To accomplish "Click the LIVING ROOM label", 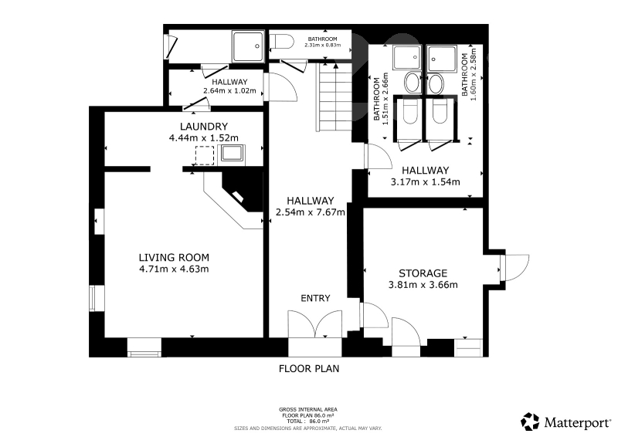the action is [x=174, y=258].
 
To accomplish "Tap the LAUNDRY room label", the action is [x=204, y=127].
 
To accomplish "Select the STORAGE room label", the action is [x=423, y=273].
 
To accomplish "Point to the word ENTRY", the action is [x=315, y=298].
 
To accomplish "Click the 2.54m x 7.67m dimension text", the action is [x=311, y=212].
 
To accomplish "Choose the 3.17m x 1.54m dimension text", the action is [x=426, y=182].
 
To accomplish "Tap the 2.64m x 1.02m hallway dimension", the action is [x=229, y=90].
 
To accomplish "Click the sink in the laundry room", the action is [x=232, y=154].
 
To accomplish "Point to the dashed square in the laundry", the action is [x=205, y=156].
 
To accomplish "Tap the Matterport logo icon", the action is [x=530, y=422].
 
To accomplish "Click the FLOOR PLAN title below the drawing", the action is [x=309, y=369].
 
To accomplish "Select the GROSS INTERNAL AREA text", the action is [x=308, y=410].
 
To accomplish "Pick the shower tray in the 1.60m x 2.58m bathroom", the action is [x=442, y=59].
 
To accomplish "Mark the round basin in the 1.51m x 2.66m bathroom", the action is [x=413, y=83].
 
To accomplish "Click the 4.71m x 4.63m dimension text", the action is [x=174, y=269].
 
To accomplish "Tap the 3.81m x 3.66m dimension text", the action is [x=423, y=285].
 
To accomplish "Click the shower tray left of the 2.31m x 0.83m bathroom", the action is [x=248, y=46].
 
